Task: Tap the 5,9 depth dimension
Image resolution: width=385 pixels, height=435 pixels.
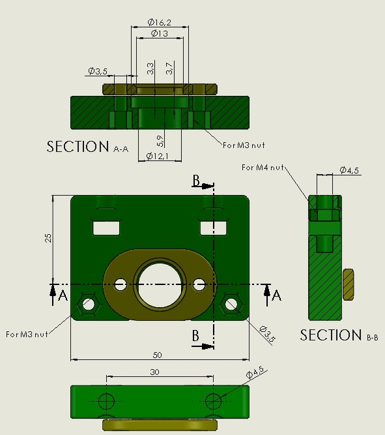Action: click(x=160, y=140)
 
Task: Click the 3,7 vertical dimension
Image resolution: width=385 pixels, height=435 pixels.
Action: click(x=169, y=67)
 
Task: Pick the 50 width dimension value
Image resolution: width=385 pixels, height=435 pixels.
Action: click(x=157, y=355)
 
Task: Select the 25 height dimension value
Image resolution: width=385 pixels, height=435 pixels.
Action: click(x=48, y=237)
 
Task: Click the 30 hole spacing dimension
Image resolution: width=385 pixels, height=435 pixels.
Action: click(x=154, y=372)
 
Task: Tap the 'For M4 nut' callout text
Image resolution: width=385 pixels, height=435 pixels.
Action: click(x=264, y=168)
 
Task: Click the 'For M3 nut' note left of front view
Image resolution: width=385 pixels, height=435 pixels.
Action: click(x=28, y=334)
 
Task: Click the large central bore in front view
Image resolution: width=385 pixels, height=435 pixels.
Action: click(x=160, y=284)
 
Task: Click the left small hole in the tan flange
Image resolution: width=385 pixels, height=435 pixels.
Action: click(x=120, y=284)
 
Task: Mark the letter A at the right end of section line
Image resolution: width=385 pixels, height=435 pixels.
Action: click(x=276, y=295)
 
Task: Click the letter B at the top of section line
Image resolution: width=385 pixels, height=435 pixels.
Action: click(x=196, y=181)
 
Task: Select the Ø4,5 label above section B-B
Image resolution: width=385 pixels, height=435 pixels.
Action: click(x=349, y=171)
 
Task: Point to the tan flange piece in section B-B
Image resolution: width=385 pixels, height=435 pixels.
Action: click(x=348, y=284)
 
